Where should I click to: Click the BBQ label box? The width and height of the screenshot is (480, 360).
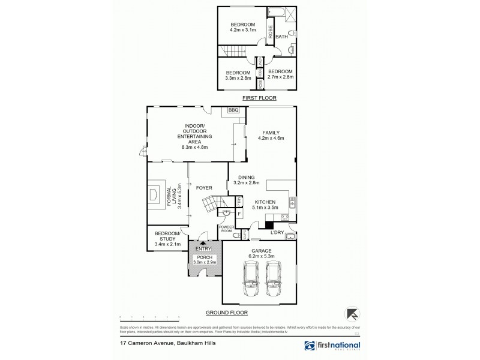click(233, 110)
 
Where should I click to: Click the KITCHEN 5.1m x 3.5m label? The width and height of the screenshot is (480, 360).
click(265, 205)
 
